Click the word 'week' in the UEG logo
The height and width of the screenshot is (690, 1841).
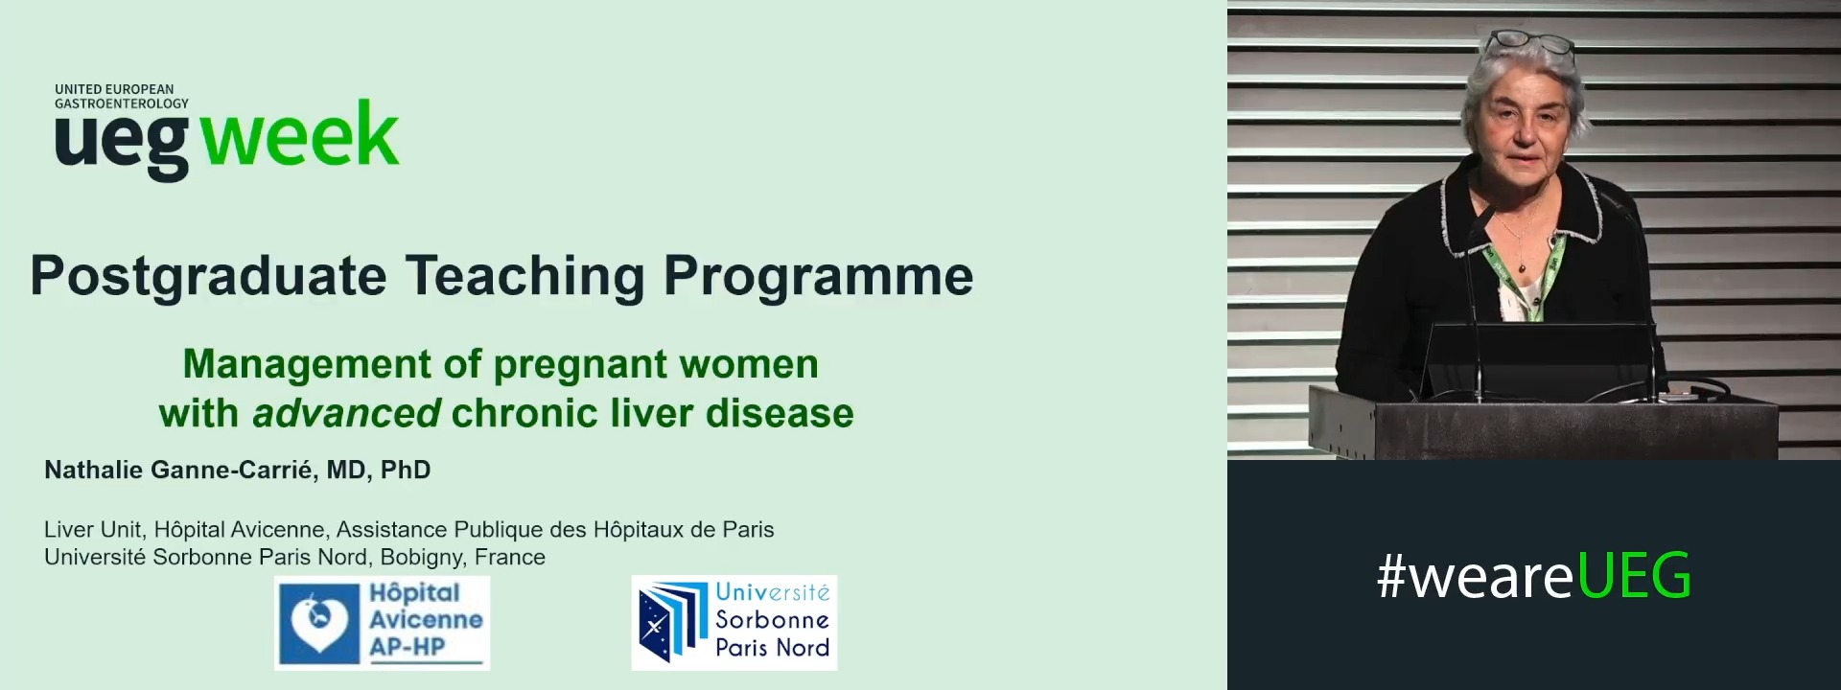tap(299, 137)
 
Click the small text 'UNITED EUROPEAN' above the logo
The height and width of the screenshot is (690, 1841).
tap(114, 89)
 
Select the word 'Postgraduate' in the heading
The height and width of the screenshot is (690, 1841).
tap(208, 277)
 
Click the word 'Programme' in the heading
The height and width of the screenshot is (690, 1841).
tap(818, 277)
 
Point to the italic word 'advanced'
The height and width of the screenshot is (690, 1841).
tap(346, 414)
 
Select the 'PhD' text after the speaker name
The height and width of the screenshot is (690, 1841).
tap(406, 471)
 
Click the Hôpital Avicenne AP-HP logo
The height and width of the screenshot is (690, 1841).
tap(382, 622)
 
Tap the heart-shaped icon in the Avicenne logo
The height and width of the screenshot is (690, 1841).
tap(317, 622)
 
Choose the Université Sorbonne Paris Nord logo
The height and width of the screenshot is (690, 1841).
tap(734, 622)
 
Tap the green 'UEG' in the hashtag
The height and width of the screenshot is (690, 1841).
tap(1634, 577)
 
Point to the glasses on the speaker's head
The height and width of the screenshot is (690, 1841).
tap(1530, 42)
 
